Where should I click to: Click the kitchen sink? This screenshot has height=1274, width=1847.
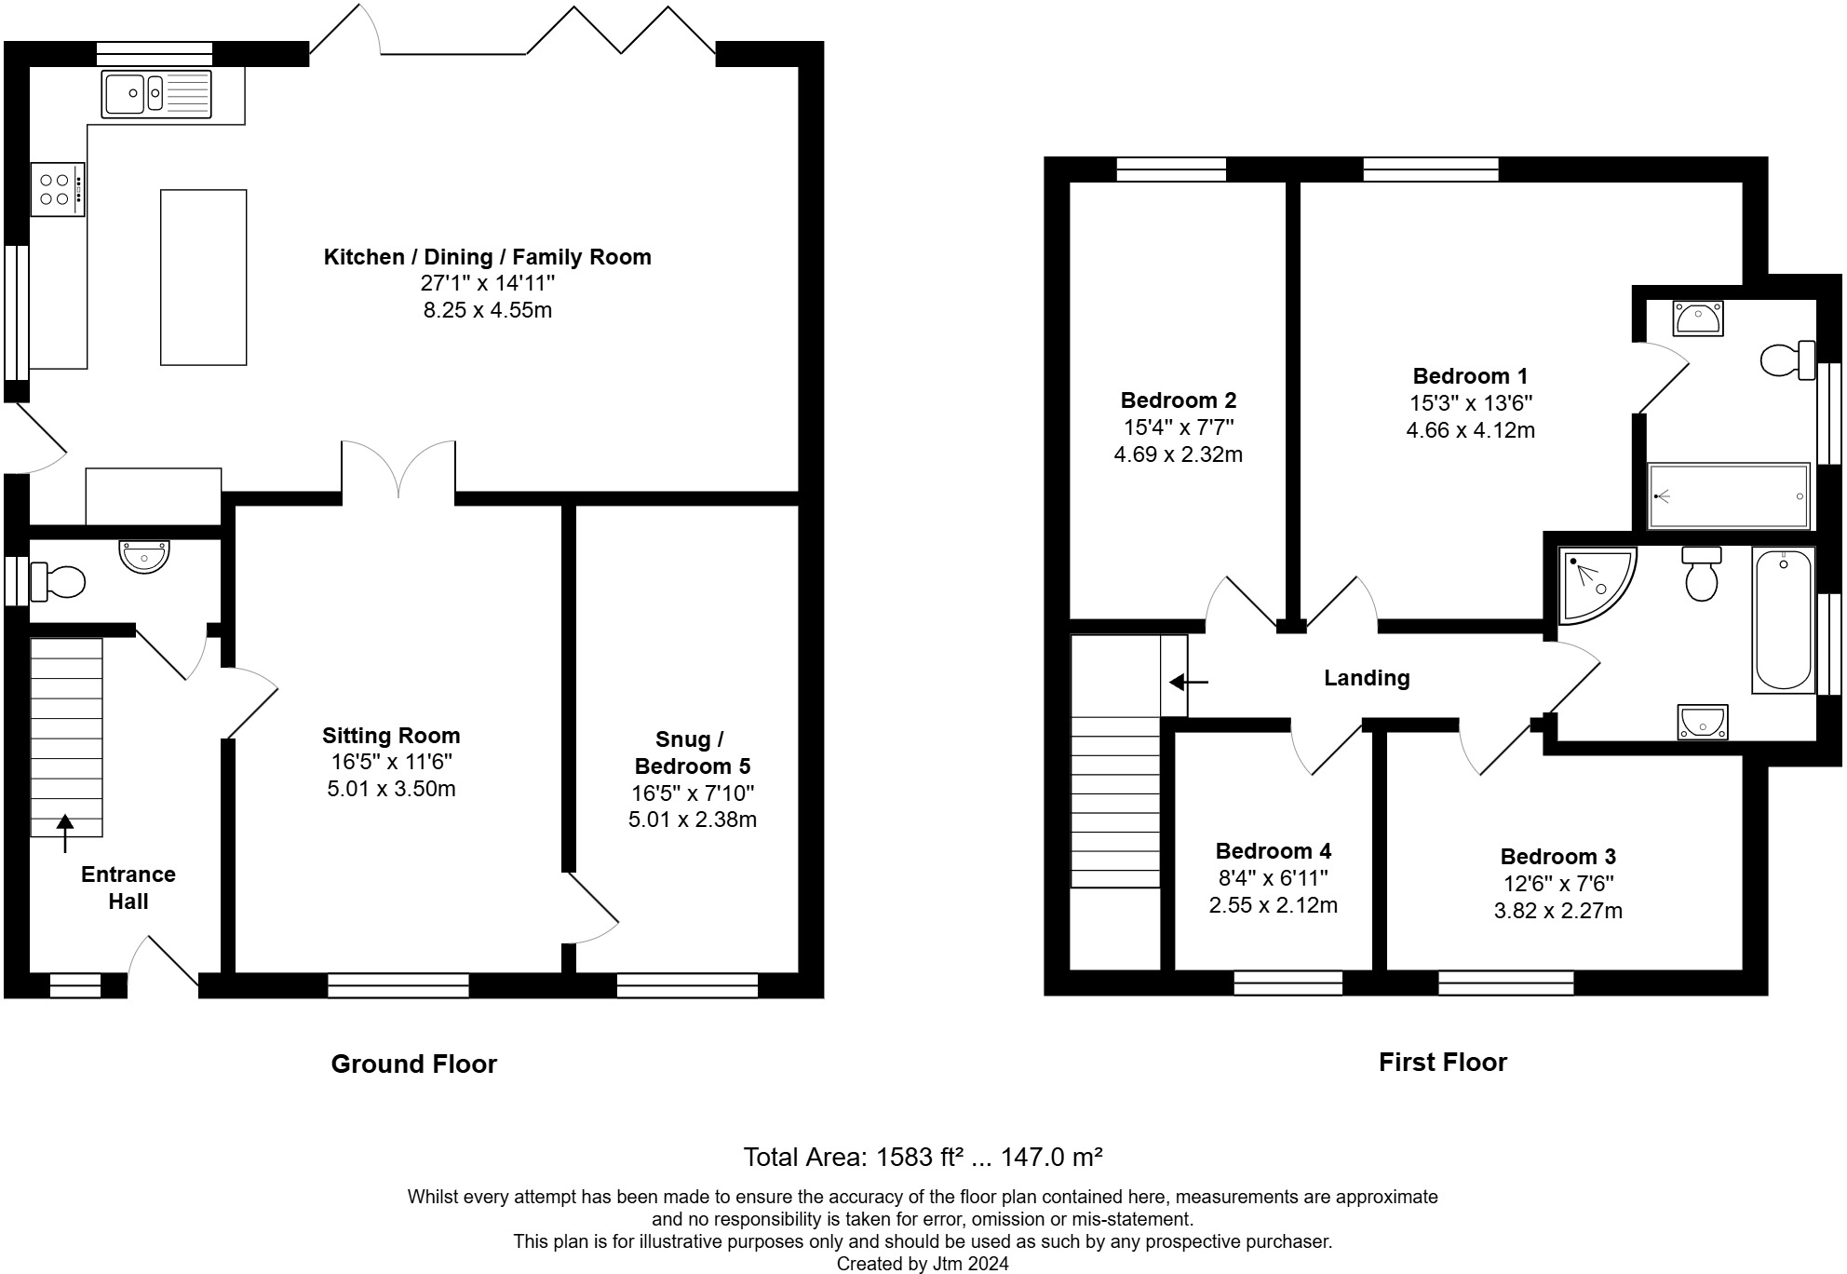[156, 94]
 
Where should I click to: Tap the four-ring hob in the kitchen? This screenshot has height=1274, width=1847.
[58, 189]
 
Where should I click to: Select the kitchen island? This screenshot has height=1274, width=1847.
[204, 278]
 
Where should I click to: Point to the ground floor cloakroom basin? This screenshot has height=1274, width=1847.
[144, 556]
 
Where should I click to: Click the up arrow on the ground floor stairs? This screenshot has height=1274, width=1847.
[65, 834]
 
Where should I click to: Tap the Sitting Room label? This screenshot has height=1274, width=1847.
[391, 736]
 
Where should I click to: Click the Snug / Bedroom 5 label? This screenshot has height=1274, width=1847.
[693, 752]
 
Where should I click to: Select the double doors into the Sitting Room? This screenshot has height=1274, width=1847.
[398, 468]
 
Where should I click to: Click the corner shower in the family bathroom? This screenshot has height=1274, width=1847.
[1597, 584]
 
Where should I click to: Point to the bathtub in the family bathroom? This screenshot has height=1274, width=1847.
[1783, 620]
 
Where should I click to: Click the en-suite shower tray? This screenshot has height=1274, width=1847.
[1729, 496]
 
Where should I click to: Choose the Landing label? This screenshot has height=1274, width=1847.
[1367, 678]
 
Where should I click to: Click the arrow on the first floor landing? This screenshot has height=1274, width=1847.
[1189, 683]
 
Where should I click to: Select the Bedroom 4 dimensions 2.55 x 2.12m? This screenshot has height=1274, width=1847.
[1273, 904]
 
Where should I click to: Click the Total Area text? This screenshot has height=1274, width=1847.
[923, 1157]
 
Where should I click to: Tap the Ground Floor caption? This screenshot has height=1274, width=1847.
[414, 1064]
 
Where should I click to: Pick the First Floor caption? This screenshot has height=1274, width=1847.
[1442, 1062]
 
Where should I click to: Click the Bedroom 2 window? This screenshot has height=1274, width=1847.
[1171, 169]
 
